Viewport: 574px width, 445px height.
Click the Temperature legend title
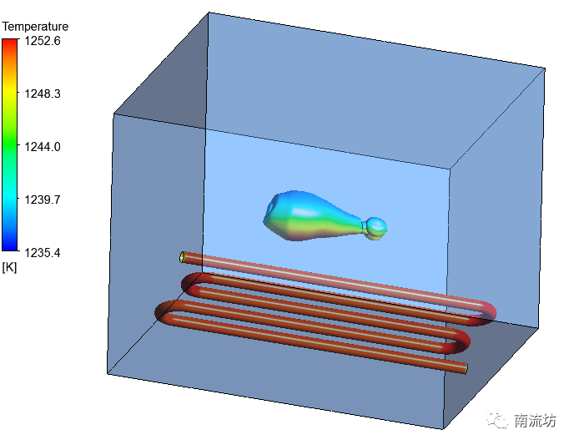pos(35,27)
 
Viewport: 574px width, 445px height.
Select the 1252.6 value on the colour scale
pos(43,41)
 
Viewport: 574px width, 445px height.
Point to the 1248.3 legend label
pos(43,94)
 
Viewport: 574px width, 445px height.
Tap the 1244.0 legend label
pos(43,147)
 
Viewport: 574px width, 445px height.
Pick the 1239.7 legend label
pos(43,200)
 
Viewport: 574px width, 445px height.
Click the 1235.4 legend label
pos(43,253)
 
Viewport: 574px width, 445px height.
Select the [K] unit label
pos(9,267)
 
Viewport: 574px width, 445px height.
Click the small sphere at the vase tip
pos(376,228)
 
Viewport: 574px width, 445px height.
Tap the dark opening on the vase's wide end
pos(270,208)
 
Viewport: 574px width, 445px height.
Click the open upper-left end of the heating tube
pos(183,257)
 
